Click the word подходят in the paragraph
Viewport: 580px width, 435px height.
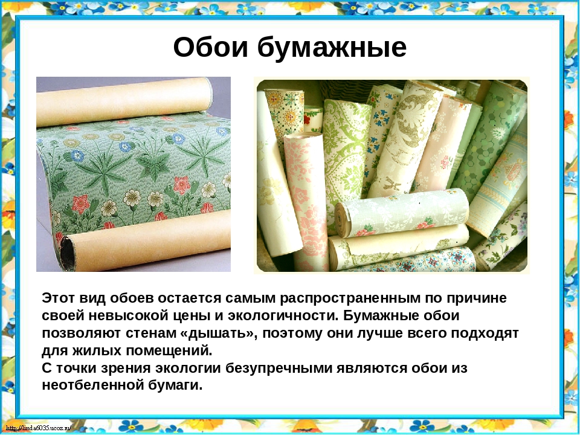[483, 333]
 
